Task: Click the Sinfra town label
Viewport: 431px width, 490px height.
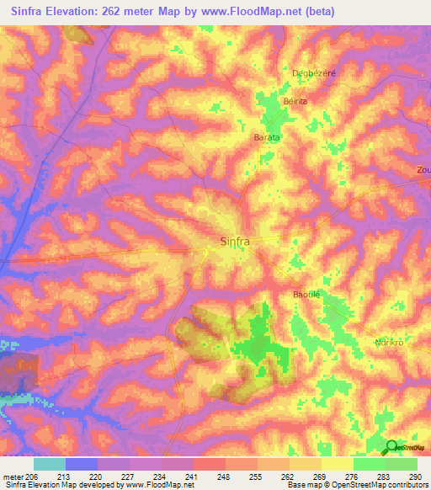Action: point(235,241)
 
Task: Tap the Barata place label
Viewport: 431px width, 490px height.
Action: point(267,136)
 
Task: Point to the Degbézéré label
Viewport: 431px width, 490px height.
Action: point(313,72)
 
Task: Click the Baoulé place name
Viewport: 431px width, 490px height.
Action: point(308,294)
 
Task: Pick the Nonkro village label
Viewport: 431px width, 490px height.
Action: point(391,342)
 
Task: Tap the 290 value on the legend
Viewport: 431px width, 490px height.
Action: point(415,476)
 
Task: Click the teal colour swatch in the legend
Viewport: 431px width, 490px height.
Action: point(50,464)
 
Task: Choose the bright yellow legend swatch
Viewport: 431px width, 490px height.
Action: point(338,464)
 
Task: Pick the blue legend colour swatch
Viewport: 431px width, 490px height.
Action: point(82,464)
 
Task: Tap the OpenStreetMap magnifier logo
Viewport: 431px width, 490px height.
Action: point(391,447)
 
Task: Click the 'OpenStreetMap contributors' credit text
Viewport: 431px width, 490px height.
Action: point(374,485)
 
